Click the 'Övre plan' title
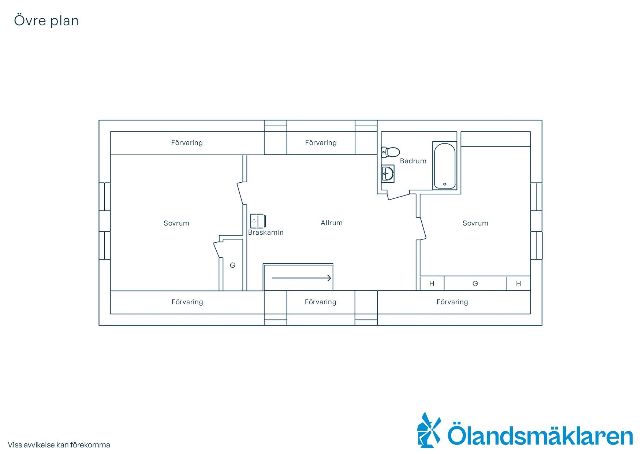(46, 21)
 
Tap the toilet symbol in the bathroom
(390, 152)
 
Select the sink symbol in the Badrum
(388, 173)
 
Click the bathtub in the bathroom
(445, 165)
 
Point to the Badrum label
(413, 161)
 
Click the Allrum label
(332, 223)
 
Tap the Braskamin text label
(266, 232)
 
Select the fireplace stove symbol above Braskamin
(258, 221)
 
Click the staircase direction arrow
(302, 278)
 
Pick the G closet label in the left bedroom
(232, 265)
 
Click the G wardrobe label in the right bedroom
(475, 283)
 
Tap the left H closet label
(432, 283)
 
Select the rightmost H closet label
(518, 283)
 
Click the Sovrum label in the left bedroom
(176, 223)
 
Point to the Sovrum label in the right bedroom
(475, 223)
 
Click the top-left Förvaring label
(187, 142)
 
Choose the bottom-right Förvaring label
(452, 302)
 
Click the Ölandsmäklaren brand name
(540, 434)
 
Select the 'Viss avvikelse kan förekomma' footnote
(59, 445)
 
